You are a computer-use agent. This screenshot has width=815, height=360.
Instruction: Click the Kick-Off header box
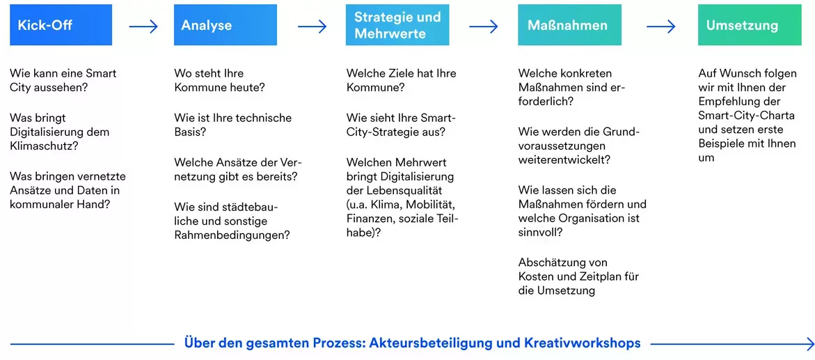pos(61,25)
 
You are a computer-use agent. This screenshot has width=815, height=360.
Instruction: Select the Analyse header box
pos(225,25)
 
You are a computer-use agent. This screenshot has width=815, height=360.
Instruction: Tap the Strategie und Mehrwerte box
pos(397,25)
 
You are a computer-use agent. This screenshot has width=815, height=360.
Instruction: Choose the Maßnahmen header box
pos(570,25)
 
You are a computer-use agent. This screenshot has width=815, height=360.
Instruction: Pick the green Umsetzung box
pos(750,25)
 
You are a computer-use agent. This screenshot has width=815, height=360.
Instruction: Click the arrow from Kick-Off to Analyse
pos(143,26)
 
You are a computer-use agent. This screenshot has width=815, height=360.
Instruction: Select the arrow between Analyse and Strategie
pos(312,26)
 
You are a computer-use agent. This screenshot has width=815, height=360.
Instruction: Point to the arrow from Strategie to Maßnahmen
pos(484,26)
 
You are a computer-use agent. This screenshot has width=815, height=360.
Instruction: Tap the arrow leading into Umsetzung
pos(660,26)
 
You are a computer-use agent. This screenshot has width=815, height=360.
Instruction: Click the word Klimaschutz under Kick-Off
pos(42,146)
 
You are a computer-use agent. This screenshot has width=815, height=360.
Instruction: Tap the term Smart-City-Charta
pos(746,115)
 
